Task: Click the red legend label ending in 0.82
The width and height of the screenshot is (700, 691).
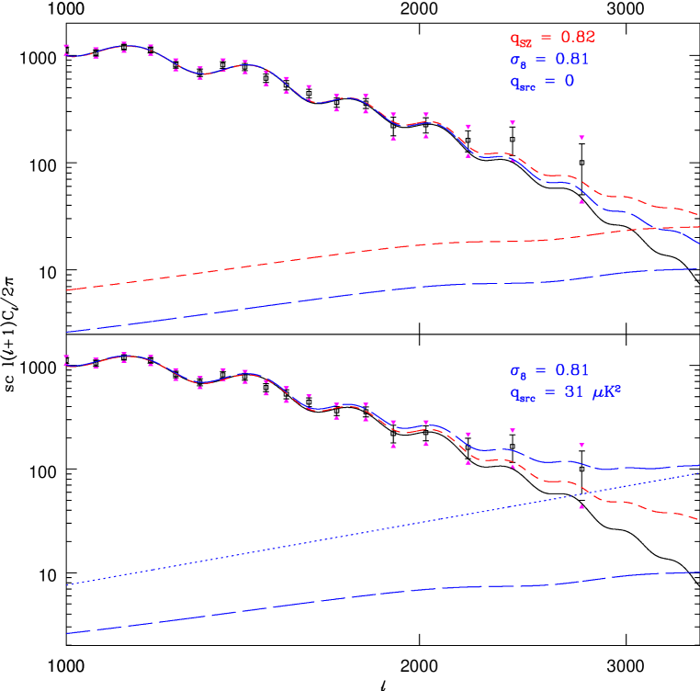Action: point(552,38)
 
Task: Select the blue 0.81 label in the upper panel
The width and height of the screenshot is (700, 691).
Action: point(548,60)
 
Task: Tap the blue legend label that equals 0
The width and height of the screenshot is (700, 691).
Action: point(542,82)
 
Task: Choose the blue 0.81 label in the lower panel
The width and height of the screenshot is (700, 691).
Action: point(548,371)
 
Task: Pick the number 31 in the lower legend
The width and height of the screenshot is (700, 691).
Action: point(570,393)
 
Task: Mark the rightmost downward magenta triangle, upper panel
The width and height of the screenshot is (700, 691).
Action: point(581,138)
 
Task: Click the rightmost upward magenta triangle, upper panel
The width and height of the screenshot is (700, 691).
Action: point(581,201)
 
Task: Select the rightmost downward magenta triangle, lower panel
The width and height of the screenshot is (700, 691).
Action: point(581,445)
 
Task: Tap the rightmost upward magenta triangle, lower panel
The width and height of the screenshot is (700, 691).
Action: point(581,506)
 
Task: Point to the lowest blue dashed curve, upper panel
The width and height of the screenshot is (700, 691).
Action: point(367,291)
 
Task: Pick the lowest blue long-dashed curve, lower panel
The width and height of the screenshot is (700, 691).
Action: point(367,595)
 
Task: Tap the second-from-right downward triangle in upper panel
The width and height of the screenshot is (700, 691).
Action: point(512,122)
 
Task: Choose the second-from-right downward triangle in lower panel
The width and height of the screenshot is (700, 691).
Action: point(512,430)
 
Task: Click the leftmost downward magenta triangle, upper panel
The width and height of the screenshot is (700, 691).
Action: point(66,46)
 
